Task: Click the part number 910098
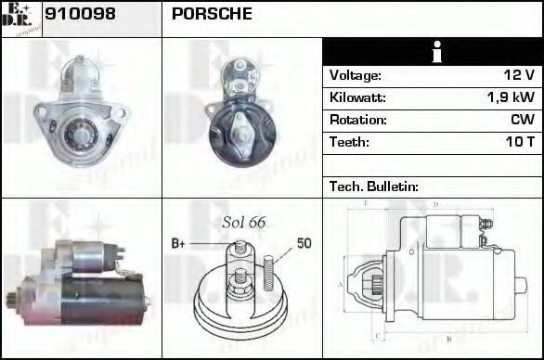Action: point(82,16)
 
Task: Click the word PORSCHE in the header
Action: point(212,16)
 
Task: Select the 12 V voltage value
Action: point(518,75)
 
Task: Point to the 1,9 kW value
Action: point(511,97)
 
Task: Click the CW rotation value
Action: point(522,120)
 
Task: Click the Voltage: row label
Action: point(356,75)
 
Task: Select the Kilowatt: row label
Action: point(357,97)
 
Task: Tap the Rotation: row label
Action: point(357,120)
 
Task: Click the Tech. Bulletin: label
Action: point(374,186)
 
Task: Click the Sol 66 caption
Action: point(243,223)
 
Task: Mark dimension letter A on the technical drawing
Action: point(341,284)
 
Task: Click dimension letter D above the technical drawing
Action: point(436,202)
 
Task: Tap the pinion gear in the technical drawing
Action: point(376,284)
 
